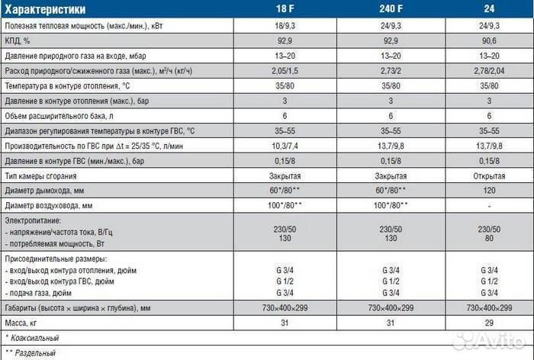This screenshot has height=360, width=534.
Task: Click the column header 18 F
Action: coord(278,10)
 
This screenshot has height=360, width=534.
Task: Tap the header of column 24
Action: coord(489,10)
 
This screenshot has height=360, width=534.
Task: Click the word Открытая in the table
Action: coord(489,176)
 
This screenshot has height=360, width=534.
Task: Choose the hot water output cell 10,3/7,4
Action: coord(278,145)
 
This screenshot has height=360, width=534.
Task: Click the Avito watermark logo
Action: coord(488,341)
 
